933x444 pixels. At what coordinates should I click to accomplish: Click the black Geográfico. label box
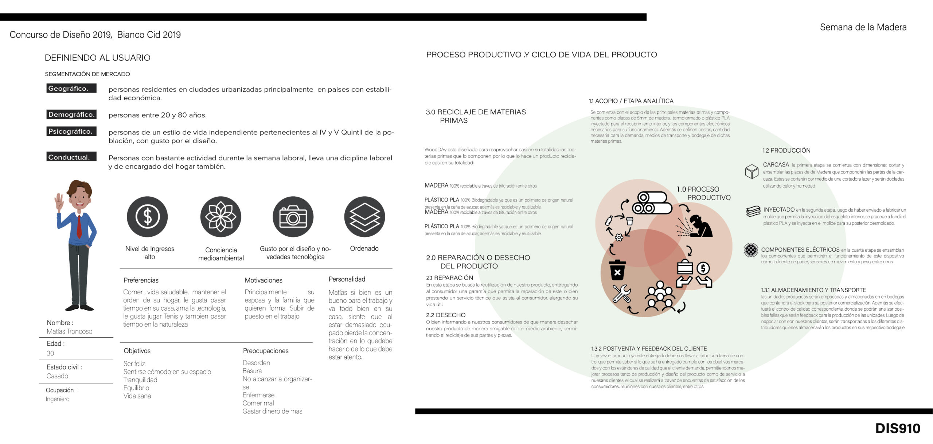coord(71,89)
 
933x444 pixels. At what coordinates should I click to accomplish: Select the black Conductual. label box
coord(71,157)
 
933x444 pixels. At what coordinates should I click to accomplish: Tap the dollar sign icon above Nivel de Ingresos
coord(147,217)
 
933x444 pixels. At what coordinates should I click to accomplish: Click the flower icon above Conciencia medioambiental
coord(220,217)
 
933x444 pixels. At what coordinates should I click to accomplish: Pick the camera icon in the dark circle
coord(293,217)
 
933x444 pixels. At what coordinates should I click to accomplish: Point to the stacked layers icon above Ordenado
coord(364,217)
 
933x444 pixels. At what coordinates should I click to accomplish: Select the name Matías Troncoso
coord(69,331)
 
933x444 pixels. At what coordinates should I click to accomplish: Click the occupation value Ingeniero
coord(58,399)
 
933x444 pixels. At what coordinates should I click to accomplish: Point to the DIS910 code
coord(898,428)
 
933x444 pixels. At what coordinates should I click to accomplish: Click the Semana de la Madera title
coord(863,27)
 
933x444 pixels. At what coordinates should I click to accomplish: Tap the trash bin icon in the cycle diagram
coord(617,270)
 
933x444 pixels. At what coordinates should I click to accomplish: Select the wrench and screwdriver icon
coord(621,293)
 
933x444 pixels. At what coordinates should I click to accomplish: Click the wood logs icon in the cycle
coord(652,203)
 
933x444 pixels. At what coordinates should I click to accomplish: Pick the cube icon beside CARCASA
coord(752,171)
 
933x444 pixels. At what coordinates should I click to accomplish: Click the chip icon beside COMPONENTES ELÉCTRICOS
coord(751,250)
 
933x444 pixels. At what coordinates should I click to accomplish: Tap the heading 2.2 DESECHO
coord(445,315)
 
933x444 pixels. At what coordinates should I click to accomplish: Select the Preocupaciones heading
coord(266,351)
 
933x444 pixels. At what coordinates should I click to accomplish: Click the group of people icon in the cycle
coord(660,296)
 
